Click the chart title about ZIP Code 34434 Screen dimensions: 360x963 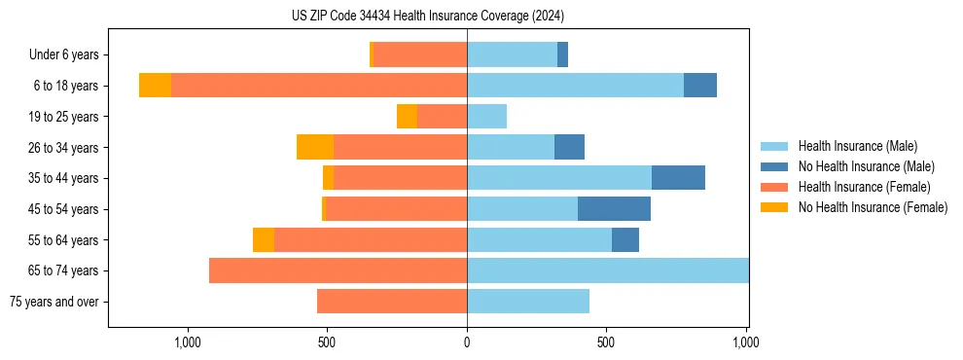coord(428,17)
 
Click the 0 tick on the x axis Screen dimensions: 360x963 coord(467,342)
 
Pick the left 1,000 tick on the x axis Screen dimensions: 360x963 coord(187,342)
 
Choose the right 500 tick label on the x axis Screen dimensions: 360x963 coord(606,342)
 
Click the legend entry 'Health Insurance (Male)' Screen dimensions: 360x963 coord(857,146)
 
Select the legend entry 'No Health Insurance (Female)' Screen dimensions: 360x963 coord(873,207)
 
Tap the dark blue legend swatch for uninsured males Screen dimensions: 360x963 coord(774,166)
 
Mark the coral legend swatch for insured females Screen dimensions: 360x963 coord(774,187)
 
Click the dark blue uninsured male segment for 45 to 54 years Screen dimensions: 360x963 coord(614,209)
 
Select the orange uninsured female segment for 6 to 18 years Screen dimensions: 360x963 coord(155,86)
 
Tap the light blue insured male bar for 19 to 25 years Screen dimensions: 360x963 coord(486,117)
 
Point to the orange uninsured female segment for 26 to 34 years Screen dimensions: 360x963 coord(315,147)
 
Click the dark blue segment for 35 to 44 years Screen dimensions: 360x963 coord(678,178)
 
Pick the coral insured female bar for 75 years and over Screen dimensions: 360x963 coord(392,302)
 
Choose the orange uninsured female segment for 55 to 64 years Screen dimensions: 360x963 coord(264,239)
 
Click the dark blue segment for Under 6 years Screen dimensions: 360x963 coord(562,55)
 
